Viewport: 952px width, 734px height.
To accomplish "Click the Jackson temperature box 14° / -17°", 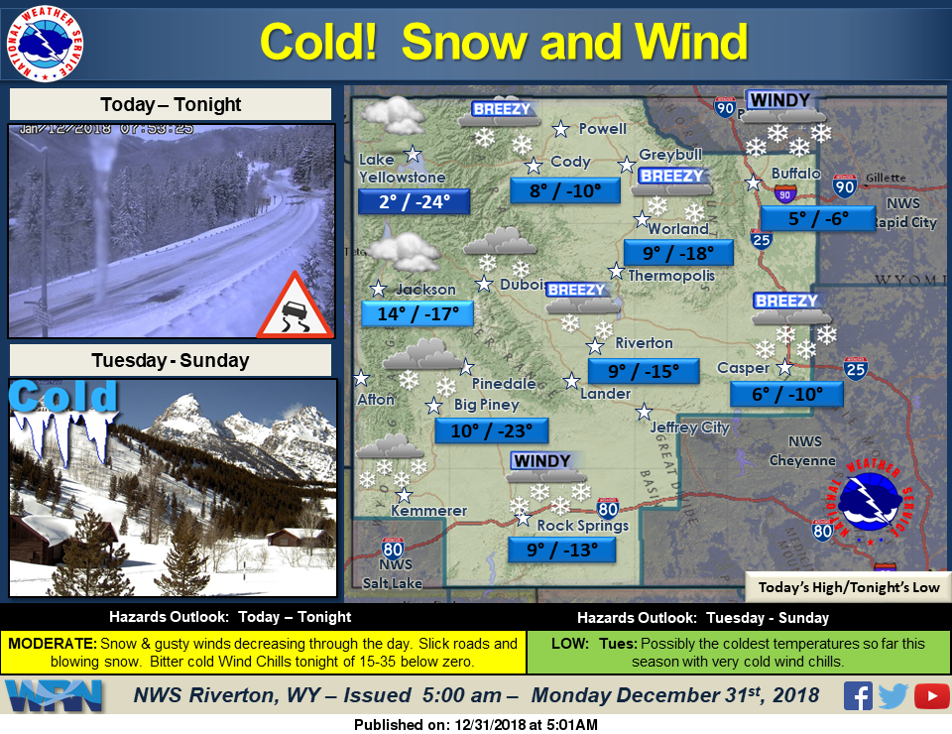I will point(416,314).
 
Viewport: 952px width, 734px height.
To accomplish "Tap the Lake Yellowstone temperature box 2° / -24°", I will point(413,202).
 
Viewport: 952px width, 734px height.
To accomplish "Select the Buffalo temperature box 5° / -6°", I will point(818,219).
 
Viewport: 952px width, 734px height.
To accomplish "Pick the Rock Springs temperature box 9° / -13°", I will point(561,550).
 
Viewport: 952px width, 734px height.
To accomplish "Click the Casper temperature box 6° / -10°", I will point(786,394).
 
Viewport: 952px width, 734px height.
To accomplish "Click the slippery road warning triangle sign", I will point(294,306).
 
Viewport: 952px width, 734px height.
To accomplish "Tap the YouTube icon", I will point(931,696).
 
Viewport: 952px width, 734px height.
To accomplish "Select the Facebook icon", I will point(858,696).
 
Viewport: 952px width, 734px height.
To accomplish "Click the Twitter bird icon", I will point(893,696).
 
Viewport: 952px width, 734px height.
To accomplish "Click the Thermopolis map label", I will point(670,275).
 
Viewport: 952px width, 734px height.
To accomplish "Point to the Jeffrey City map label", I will point(689,428).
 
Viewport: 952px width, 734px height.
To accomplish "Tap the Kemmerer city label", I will point(428,511).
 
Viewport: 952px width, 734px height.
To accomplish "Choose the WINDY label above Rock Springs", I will point(541,461).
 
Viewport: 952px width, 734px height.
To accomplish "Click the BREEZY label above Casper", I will point(786,301).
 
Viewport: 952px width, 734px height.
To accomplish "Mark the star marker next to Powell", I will point(561,128).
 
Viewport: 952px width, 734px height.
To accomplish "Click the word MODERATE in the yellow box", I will point(52,644).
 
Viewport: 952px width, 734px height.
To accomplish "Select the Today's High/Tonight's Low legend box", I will point(848,587).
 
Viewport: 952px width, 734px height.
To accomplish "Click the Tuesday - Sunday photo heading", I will point(170,360).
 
